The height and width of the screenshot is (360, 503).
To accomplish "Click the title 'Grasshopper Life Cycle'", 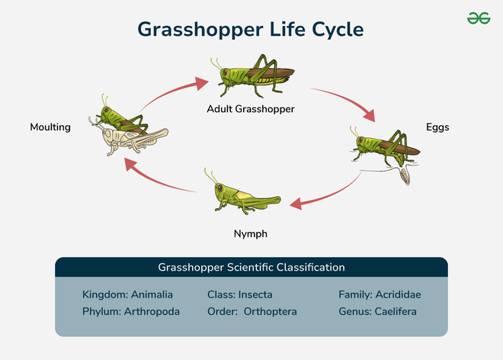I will pyautogui.click(x=251, y=29).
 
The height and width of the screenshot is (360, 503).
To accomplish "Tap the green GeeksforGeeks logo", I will pyautogui.click(x=479, y=18).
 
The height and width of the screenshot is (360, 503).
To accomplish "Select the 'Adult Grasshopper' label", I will pyautogui.click(x=251, y=109).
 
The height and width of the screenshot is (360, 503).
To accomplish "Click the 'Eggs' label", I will pyautogui.click(x=437, y=127).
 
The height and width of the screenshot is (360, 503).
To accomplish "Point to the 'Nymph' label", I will pyautogui.click(x=250, y=233).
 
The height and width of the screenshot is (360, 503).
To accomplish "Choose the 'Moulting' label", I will pyautogui.click(x=50, y=127).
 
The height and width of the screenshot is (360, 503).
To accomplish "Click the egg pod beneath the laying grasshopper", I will pyautogui.click(x=405, y=176).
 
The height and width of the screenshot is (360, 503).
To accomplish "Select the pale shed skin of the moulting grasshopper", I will pyautogui.click(x=134, y=142).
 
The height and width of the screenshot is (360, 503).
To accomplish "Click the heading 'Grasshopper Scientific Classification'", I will pyautogui.click(x=251, y=268).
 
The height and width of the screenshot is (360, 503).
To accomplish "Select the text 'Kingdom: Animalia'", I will pyautogui.click(x=127, y=294).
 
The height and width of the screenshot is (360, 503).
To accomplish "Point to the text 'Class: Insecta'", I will pyautogui.click(x=240, y=294).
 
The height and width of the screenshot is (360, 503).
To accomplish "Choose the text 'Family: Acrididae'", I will pyautogui.click(x=380, y=294).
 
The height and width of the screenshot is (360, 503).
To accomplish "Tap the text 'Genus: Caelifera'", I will pyautogui.click(x=377, y=312).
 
